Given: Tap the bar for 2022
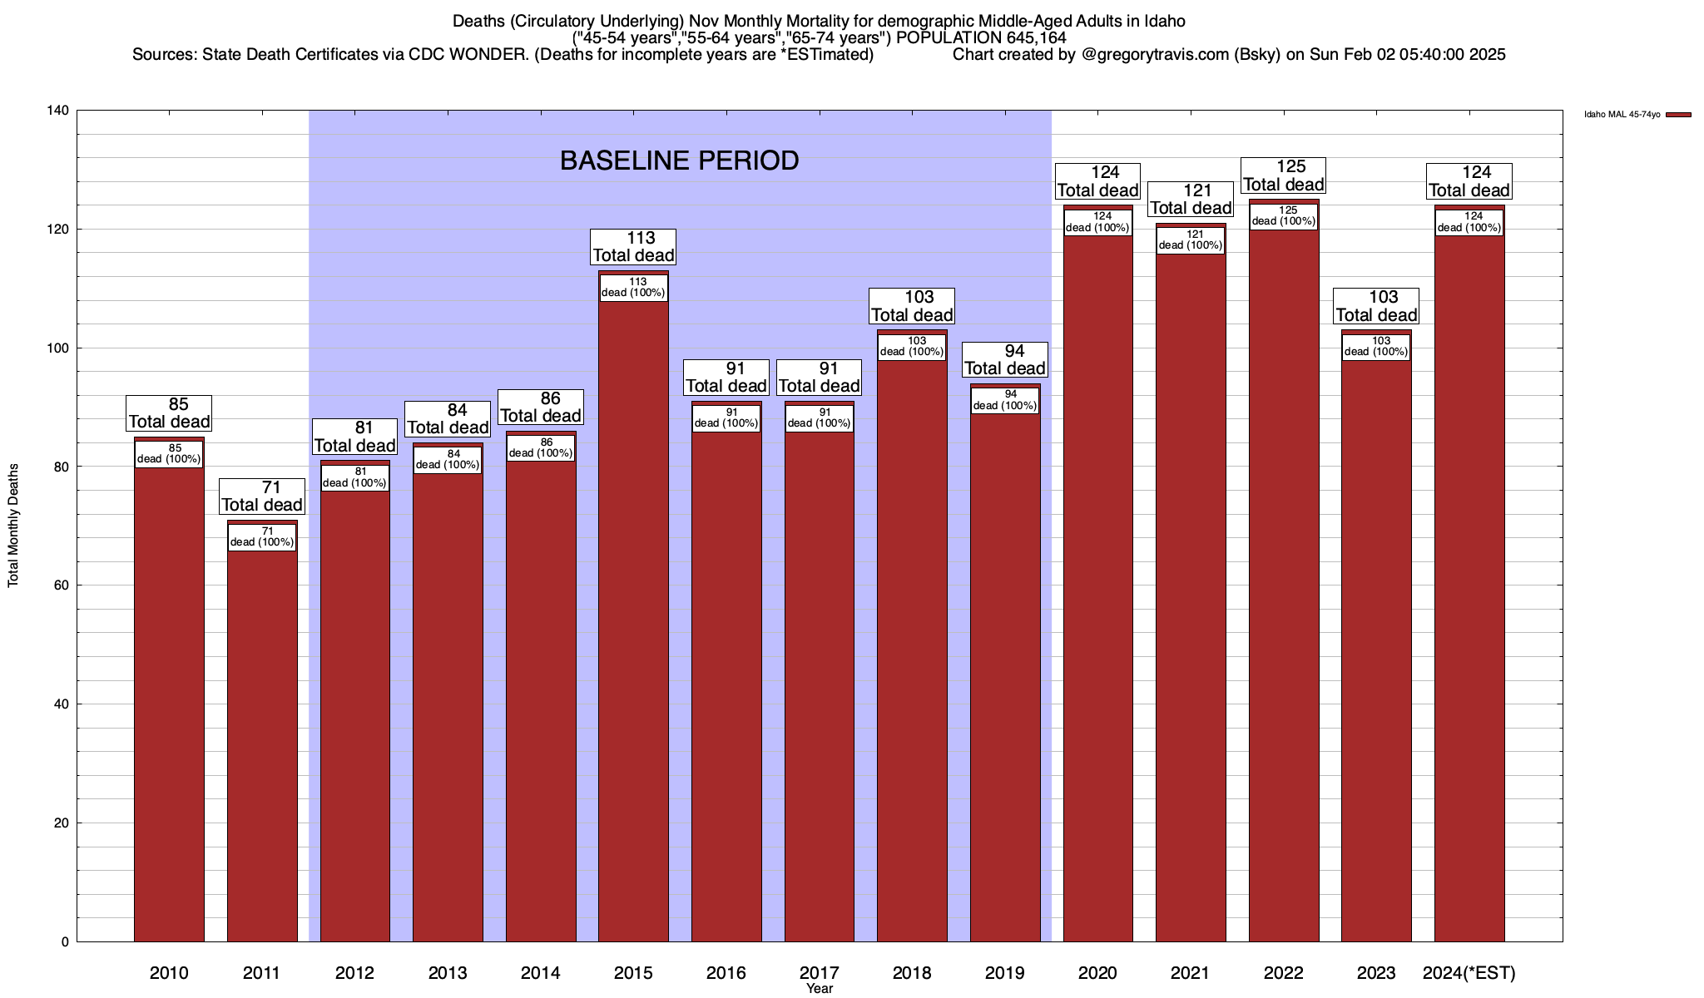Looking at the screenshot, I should pos(1284,582).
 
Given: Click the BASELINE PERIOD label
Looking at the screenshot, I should pos(679,161).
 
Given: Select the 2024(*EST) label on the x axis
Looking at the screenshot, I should pos(1469,973).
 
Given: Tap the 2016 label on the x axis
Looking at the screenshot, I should pos(726,973).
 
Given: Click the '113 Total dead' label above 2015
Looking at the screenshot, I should pos(633,247).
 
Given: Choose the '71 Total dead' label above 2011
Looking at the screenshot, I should pos(262,497).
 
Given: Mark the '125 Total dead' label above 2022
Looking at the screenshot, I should pos(1284,175).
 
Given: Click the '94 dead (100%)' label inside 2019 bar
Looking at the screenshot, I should pos(1005,400).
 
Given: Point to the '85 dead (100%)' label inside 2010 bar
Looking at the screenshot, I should pos(169,453).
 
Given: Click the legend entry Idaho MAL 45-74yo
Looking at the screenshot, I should pos(1622,115).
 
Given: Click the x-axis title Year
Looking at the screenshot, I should pos(820,989).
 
